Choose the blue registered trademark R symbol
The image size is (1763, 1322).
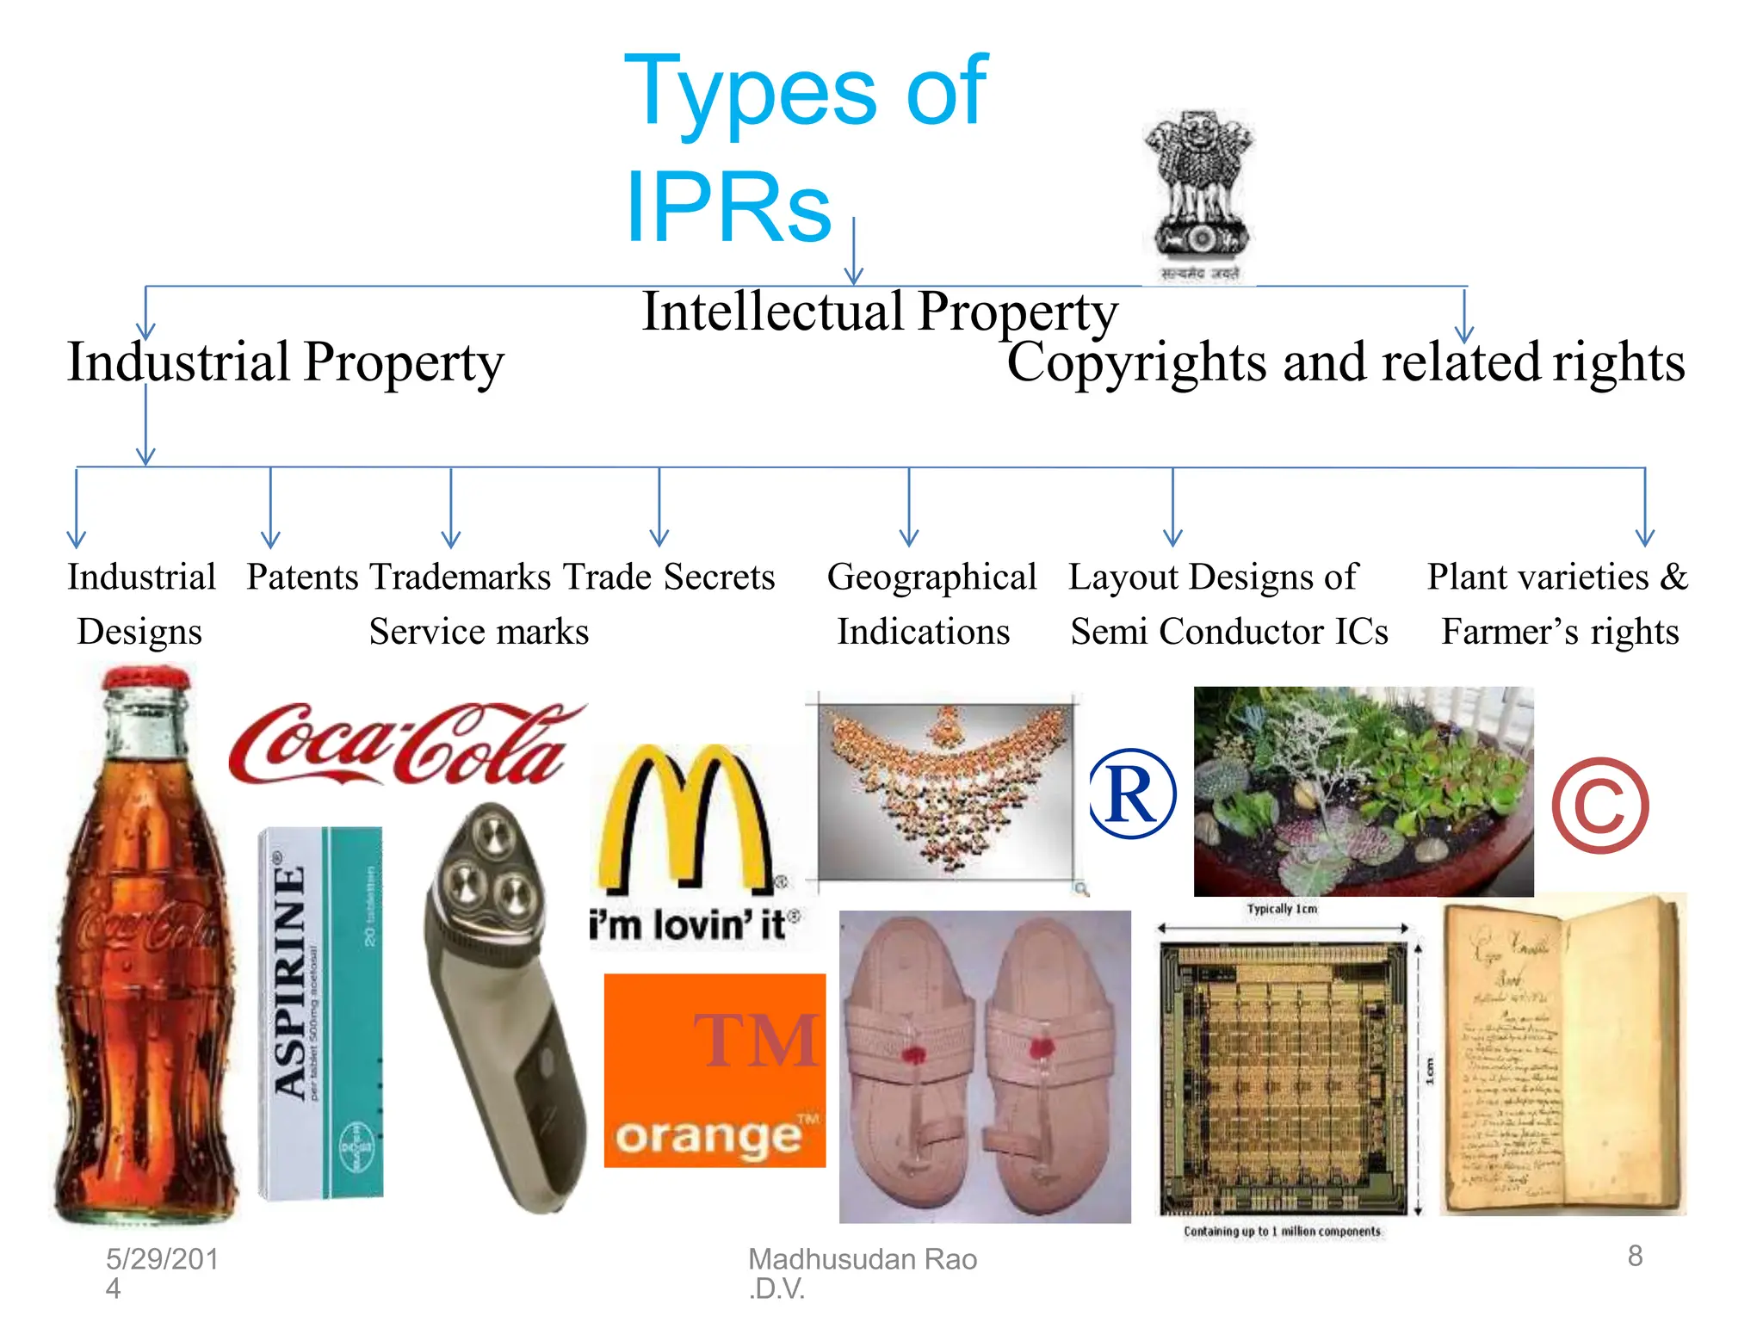click(x=1131, y=794)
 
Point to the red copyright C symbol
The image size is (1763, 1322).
click(x=1600, y=806)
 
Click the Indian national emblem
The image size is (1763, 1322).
click(x=1199, y=195)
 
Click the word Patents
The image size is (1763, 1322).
click(x=302, y=578)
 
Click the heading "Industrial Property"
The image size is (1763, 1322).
click(x=285, y=362)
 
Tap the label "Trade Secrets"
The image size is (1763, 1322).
click(x=669, y=578)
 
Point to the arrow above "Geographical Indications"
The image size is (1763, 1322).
click(x=909, y=508)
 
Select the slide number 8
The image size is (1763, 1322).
click(x=1635, y=1256)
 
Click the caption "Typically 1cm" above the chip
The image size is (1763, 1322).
click(x=1282, y=909)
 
